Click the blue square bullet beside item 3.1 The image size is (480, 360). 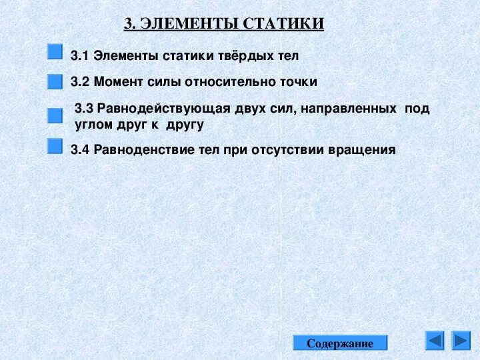[55, 52]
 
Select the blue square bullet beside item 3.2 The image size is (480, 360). [55, 81]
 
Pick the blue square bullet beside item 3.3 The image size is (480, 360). [55, 116]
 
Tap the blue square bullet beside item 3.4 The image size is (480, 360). [55, 146]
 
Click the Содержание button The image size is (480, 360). [340, 343]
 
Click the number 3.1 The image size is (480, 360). [80, 56]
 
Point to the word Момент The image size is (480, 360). [117, 82]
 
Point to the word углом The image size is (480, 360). [92, 125]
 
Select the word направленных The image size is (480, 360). [347, 109]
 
